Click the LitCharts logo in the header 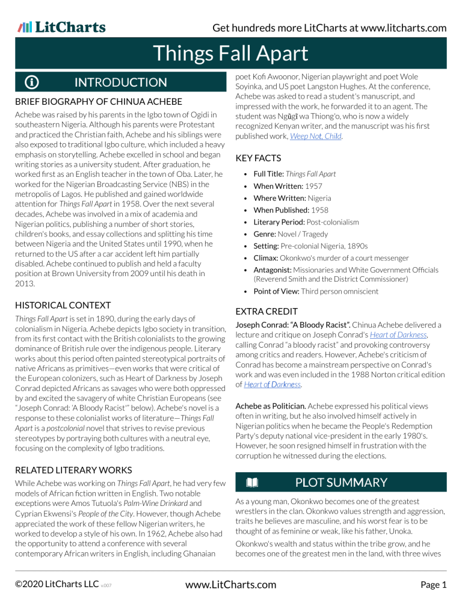tap(62, 27)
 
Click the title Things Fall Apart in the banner tap(230, 54)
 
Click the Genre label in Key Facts tap(265, 233)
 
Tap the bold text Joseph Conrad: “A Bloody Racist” tap(286, 325)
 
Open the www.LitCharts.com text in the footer tap(230, 584)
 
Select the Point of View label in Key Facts tap(279, 291)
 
